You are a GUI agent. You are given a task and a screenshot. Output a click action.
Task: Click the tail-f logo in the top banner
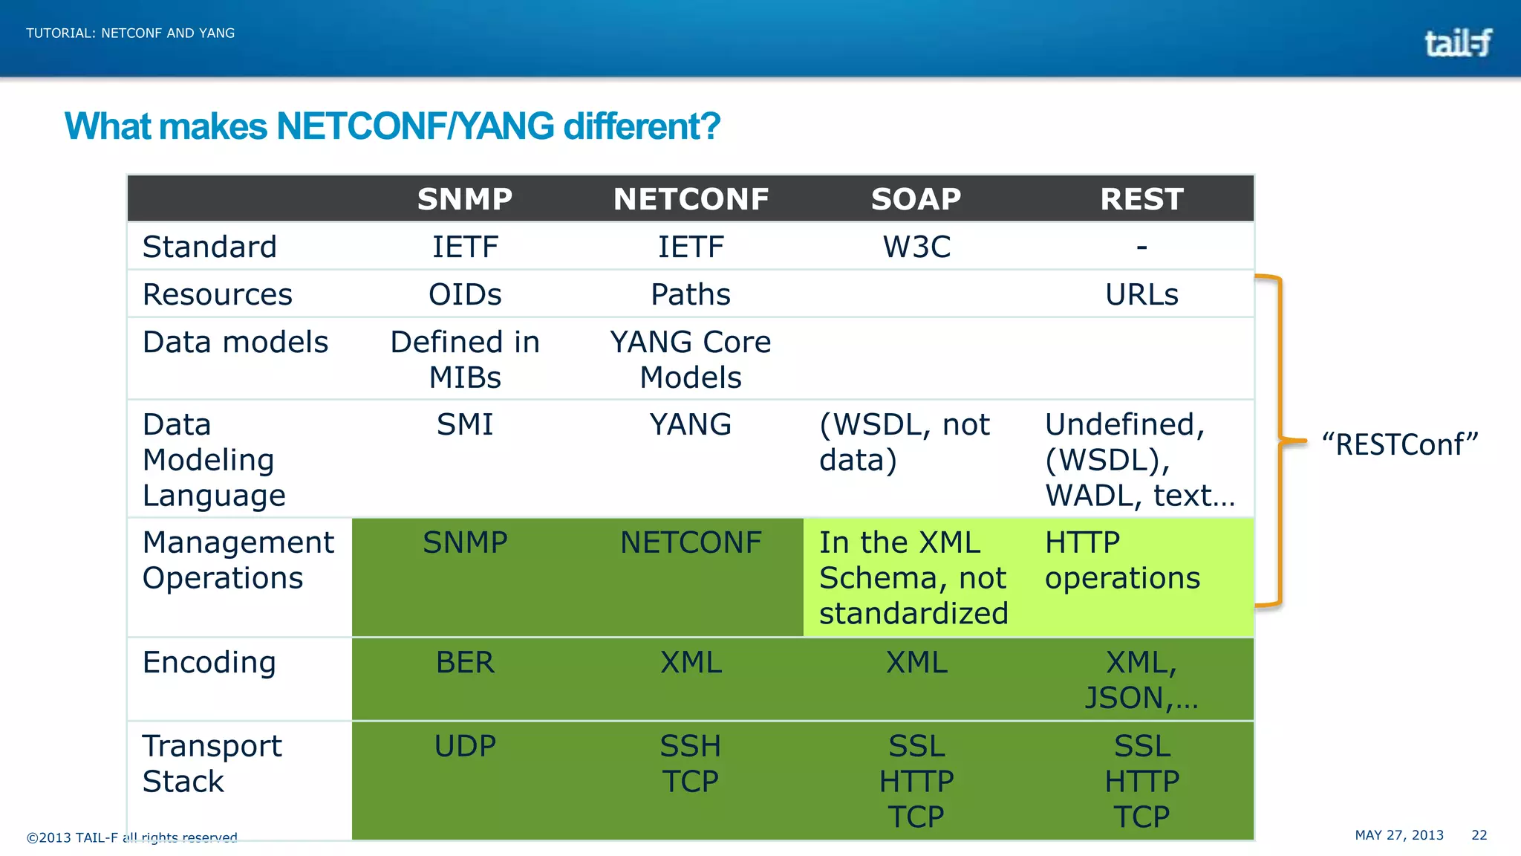coord(1457,42)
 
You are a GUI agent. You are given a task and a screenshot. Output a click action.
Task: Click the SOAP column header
coord(916,199)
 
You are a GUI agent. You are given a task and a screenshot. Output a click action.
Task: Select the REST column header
coord(1141,199)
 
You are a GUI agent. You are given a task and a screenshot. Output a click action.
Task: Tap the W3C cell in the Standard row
coord(916,247)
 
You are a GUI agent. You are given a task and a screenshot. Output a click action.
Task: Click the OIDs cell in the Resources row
coord(465,294)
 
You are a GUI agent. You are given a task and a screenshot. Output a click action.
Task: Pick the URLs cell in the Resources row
coord(1141,294)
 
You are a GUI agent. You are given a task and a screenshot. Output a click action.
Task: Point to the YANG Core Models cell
coord(691,360)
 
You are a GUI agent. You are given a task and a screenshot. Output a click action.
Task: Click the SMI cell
coord(465,424)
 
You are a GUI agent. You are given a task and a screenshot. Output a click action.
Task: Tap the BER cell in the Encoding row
coord(465,662)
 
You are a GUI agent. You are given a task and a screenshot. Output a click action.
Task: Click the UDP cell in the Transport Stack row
coord(465,745)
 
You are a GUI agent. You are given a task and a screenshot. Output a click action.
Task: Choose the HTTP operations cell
coord(1122,560)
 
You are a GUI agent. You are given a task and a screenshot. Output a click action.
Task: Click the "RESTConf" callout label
coord(1400,444)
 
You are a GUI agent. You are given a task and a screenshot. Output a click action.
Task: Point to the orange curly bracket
coord(1280,441)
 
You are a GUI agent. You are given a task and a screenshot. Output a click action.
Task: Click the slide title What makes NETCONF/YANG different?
coord(392,126)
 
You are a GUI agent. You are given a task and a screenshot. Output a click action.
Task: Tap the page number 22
coord(1479,835)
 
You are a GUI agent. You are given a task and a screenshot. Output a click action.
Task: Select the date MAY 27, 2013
coord(1399,835)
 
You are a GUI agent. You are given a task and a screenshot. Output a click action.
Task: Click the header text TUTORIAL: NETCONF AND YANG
coord(131,33)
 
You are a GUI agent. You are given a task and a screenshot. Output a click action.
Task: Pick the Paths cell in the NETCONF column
coord(691,294)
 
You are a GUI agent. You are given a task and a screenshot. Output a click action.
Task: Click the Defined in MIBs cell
coord(465,360)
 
